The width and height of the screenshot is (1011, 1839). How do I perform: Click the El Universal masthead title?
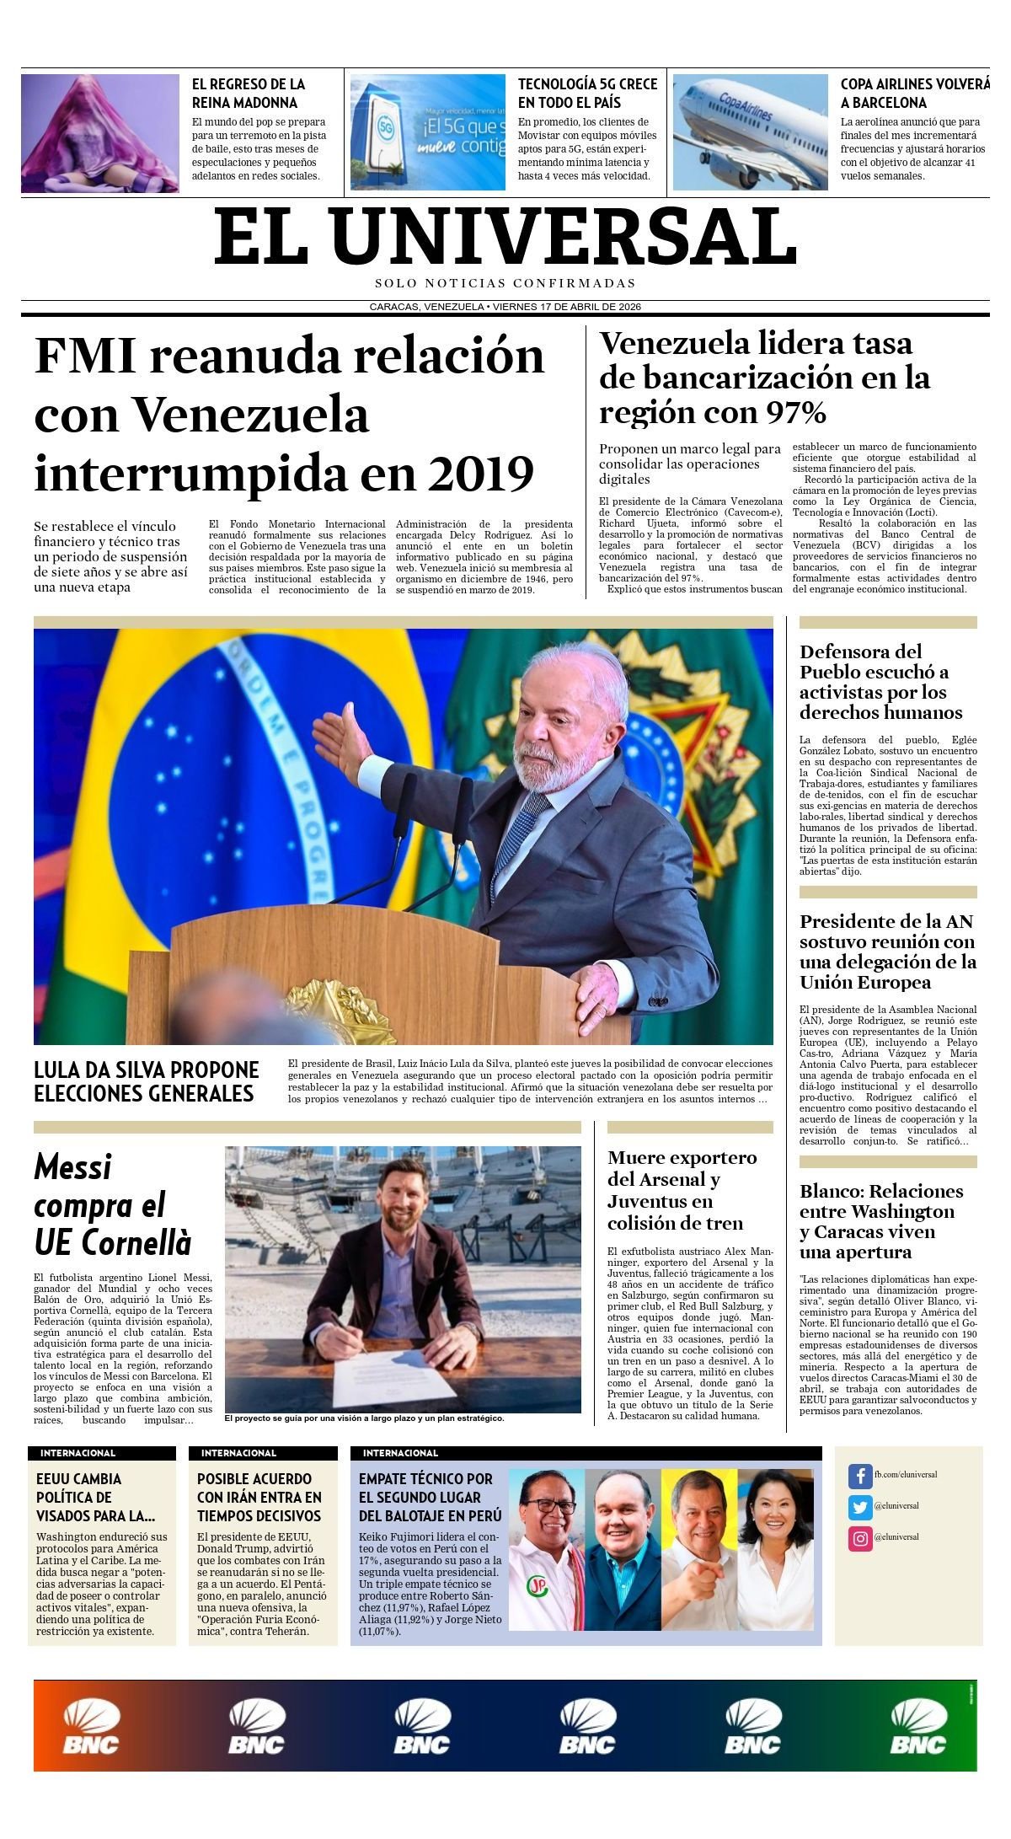click(505, 238)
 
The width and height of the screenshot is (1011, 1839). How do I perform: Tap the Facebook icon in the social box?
click(859, 1476)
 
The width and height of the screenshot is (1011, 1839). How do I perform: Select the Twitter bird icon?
click(859, 1507)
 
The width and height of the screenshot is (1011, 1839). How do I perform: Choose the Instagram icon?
click(859, 1538)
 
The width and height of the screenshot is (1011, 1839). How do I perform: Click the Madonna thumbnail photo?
click(99, 133)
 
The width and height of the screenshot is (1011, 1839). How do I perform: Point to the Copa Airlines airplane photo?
click(750, 132)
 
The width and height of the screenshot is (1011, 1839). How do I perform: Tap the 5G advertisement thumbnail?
click(427, 132)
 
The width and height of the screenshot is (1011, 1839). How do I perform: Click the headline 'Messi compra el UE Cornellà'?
click(113, 1204)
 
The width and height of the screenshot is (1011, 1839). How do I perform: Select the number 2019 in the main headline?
click(480, 474)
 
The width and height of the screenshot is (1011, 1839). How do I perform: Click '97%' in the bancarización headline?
click(795, 413)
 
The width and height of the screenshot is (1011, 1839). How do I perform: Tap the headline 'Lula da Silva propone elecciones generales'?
click(146, 1081)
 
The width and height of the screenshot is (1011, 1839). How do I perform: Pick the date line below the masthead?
click(505, 307)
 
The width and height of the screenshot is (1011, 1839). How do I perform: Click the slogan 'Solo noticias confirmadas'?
click(505, 284)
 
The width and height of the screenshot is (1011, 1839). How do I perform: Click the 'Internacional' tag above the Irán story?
click(238, 1453)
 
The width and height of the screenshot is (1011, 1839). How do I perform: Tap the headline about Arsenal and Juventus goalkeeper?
click(682, 1190)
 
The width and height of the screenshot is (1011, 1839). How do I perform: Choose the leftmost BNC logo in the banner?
click(91, 1727)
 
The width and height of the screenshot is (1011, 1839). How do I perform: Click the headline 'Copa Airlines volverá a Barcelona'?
click(914, 94)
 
